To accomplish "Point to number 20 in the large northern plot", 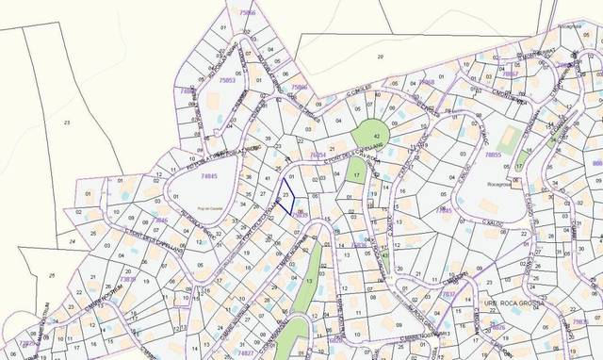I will point(381,57).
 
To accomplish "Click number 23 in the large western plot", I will point(67,123).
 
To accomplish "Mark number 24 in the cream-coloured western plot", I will point(73,240).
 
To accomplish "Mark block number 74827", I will point(244,352).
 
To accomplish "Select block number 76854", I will point(318,153).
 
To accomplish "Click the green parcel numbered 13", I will point(308,281).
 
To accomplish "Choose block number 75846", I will point(298,87).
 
